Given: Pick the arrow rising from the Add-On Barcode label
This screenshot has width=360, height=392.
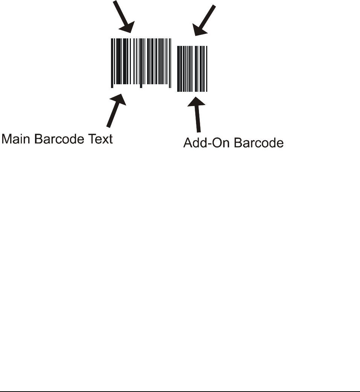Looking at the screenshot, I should pos(196,114).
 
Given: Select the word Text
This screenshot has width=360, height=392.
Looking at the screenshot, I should pos(99,139).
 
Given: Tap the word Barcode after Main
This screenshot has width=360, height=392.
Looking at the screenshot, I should pos(59,139).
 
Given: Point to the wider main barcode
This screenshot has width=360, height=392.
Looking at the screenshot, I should pos(141,62).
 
